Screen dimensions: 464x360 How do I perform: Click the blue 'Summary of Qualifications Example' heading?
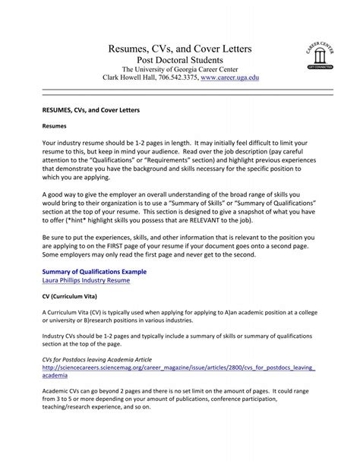click(94, 271)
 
